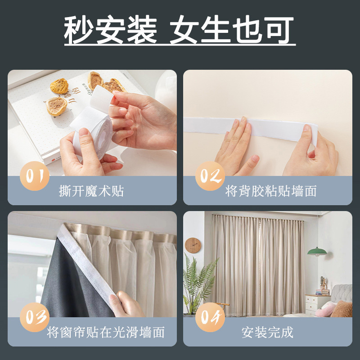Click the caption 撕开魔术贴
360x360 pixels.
[x=91, y=191]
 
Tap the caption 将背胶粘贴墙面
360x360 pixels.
[x=271, y=191]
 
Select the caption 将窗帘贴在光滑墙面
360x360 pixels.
[x=106, y=333]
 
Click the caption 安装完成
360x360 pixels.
[x=267, y=333]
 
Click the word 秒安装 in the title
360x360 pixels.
[x=111, y=31]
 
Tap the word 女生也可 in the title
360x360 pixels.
[x=232, y=31]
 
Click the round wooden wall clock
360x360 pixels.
[x=193, y=245]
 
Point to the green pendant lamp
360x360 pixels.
[x=317, y=251]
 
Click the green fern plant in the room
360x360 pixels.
[x=198, y=281]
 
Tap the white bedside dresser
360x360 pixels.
[x=316, y=304]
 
